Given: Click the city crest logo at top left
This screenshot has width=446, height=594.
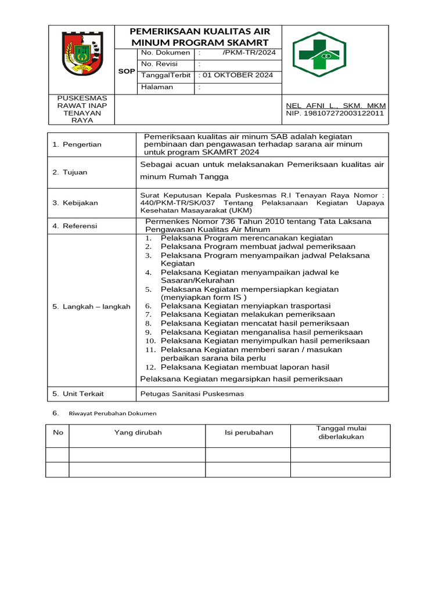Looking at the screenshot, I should click(x=81, y=54).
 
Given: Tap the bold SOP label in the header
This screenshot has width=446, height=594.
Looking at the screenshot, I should click(x=126, y=71).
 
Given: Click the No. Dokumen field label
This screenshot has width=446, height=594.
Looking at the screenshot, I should click(x=165, y=53).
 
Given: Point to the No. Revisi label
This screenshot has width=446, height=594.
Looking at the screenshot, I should click(x=159, y=64).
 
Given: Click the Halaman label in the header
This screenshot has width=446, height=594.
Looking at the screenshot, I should click(x=157, y=87).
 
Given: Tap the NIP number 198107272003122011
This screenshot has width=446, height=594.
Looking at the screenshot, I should click(x=335, y=114).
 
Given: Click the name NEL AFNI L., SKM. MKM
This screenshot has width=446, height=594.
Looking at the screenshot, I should click(x=336, y=106).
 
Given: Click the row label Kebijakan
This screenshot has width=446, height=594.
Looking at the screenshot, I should click(x=80, y=203).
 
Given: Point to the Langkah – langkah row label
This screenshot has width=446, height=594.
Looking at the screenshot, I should click(x=91, y=306).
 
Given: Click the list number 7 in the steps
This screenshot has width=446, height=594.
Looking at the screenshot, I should click(x=149, y=314).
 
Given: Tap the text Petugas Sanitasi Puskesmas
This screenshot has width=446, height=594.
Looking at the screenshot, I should click(x=192, y=393).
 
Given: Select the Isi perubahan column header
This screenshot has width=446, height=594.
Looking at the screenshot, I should click(x=249, y=433).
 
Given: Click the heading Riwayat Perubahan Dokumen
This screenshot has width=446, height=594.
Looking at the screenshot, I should click(x=113, y=414).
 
